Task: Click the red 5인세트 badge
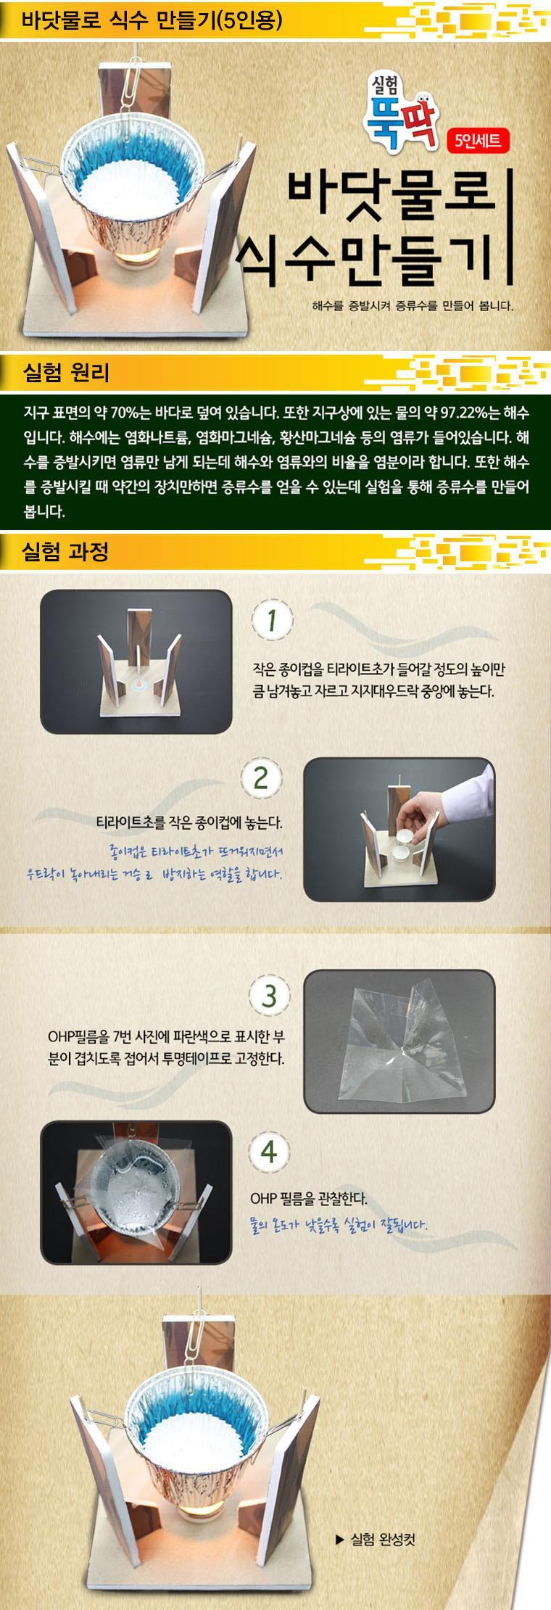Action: click(478, 139)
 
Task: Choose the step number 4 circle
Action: click(269, 1152)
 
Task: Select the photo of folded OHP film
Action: click(399, 1041)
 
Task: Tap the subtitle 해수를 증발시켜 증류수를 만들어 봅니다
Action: click(413, 305)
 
